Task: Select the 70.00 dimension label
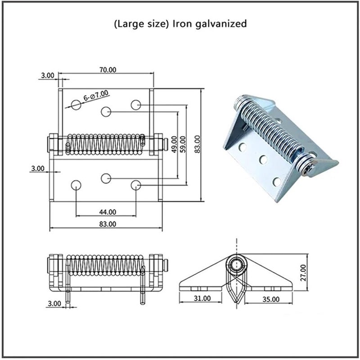point(106,69)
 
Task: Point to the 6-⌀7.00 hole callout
point(96,96)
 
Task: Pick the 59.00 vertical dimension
point(182,144)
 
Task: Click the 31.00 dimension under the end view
point(202,298)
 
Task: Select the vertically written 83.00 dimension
point(197,144)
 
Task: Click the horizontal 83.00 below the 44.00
point(106,223)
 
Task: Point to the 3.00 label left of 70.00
point(48,75)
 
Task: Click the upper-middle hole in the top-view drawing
point(106,111)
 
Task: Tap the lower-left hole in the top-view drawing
point(76,185)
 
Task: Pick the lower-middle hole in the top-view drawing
point(106,178)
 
